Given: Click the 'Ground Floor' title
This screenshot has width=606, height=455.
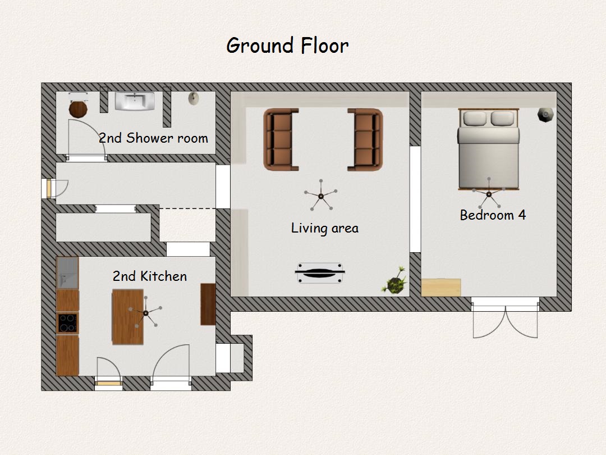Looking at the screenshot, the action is coord(287,46).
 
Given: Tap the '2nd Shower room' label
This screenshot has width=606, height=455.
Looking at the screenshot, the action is coord(153,138).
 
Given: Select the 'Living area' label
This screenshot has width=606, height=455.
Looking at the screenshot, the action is coord(325,228).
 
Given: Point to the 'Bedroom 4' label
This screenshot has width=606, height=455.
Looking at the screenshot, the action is coord(493,215).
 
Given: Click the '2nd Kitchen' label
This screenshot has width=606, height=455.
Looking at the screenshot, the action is coord(150,276).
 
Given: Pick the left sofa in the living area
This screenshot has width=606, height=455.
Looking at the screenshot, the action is coord(281,139).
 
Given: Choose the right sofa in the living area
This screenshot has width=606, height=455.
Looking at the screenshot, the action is coord(365,139).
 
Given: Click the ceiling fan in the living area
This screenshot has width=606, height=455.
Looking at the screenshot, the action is coord(321,196).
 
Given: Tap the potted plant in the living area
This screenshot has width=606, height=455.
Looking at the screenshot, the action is coord(394,281).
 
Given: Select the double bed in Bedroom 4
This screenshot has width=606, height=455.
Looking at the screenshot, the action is coord(489,149).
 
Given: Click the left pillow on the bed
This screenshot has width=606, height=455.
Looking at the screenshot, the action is coord(475,119).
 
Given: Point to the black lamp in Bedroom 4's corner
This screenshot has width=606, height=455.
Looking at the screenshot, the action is coord(545,115).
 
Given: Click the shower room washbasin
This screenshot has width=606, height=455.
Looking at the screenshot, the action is coord(135,101).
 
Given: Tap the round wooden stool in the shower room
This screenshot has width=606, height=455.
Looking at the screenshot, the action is coord(78,109).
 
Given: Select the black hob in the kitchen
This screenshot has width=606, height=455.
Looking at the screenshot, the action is coord(68,324).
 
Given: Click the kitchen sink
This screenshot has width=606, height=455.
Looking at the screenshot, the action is coord(68,273).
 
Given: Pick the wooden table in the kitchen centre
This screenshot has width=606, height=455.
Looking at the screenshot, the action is coord(127,317).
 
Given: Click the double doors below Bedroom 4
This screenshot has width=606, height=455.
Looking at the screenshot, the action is coord(505,318).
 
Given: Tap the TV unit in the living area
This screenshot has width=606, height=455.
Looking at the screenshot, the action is coord(320,273).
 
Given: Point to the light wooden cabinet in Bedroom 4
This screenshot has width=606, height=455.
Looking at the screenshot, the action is coord(441,288).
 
